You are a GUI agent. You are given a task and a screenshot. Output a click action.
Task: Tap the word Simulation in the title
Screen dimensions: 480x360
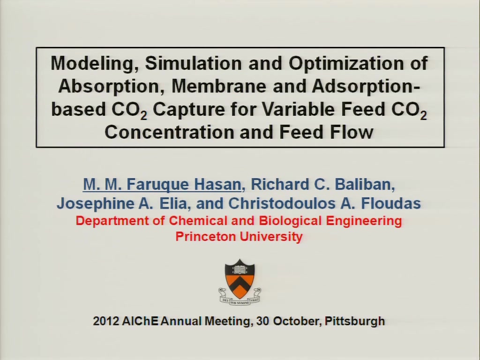click(194, 63)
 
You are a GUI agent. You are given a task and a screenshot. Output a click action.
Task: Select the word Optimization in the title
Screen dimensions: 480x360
click(346, 64)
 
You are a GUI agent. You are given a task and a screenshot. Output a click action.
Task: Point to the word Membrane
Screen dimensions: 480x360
click(219, 86)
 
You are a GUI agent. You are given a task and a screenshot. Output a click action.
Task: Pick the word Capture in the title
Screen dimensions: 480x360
click(189, 110)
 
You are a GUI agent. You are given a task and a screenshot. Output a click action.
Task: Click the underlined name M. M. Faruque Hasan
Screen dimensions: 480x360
click(162, 184)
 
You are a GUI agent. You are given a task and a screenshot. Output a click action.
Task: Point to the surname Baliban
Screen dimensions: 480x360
click(365, 184)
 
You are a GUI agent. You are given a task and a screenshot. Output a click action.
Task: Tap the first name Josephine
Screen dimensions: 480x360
click(95, 203)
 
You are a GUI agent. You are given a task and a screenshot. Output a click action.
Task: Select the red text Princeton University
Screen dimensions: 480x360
click(239, 236)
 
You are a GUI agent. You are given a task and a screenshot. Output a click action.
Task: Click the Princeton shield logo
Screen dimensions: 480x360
click(240, 282)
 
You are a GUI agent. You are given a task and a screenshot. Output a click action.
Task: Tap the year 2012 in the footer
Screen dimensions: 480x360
click(106, 321)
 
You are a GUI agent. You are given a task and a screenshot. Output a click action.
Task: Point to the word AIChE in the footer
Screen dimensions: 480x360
click(140, 321)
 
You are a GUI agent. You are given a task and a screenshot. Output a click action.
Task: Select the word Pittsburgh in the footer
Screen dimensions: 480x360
click(354, 322)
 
